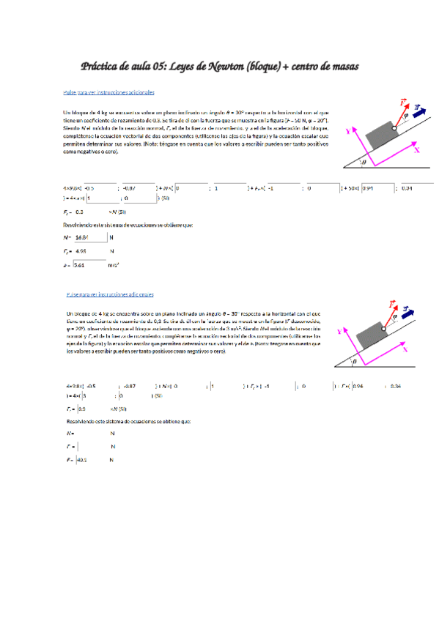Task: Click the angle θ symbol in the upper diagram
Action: (363, 162)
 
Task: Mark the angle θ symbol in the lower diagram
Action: (355, 361)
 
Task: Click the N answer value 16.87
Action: (81, 237)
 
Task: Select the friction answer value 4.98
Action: (81, 251)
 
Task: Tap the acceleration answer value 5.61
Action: (80, 265)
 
